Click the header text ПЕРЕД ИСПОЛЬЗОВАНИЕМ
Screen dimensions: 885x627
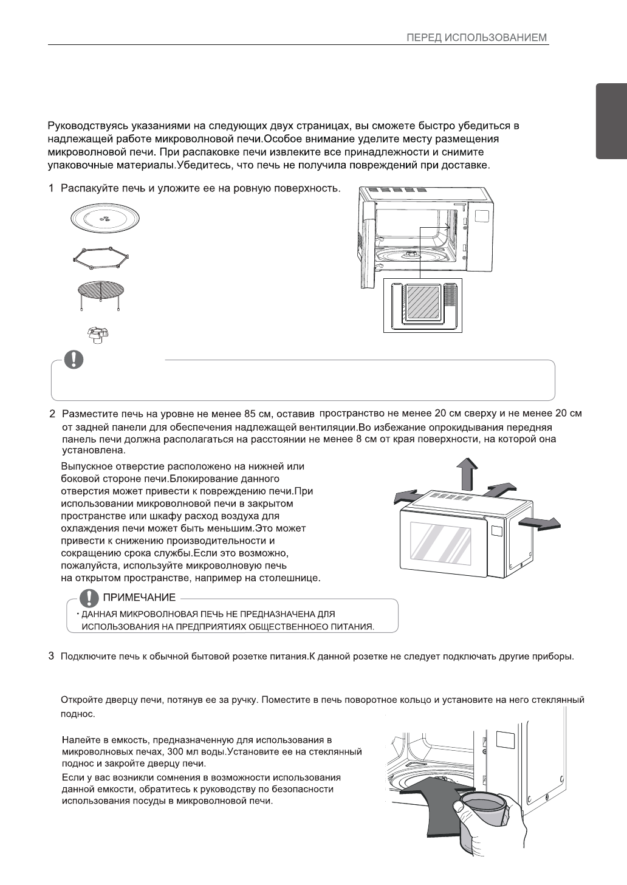477,38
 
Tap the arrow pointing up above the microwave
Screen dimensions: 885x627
465,474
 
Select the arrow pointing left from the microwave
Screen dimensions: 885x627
408,497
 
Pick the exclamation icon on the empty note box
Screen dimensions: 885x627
74,360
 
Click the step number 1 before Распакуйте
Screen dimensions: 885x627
52,189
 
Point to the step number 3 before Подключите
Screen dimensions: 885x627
52,656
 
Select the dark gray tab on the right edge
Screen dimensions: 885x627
611,121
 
